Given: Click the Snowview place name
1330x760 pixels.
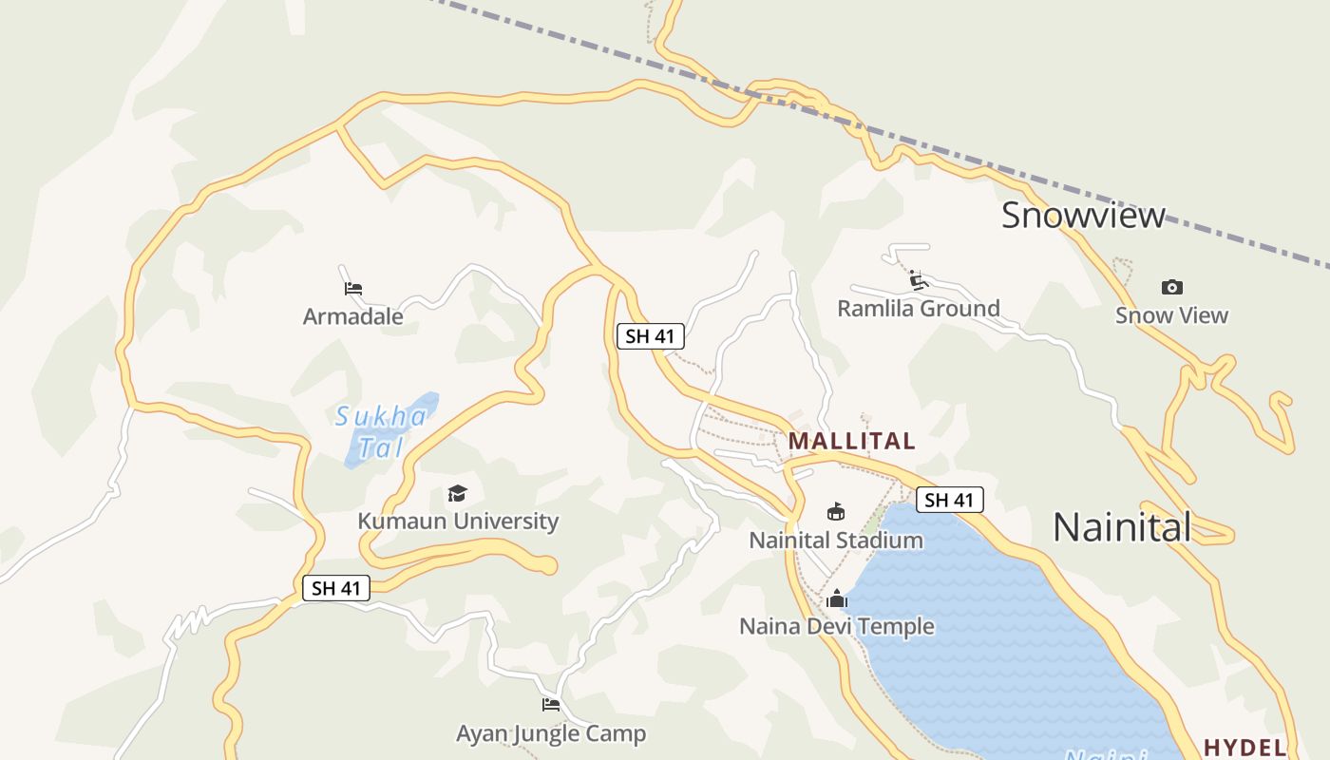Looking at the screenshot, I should [1083, 215].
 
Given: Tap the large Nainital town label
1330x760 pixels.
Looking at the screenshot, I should [1121, 526].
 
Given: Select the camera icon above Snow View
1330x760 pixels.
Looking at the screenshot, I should [1172, 287].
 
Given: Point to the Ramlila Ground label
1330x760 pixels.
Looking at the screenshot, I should [918, 308].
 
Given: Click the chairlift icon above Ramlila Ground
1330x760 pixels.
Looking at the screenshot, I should [918, 279].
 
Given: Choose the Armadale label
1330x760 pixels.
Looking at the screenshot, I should [352, 316].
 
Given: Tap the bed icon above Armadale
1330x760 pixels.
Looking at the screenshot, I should [353, 288].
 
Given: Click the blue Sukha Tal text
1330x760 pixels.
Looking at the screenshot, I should [382, 430].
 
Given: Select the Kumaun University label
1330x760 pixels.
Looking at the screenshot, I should [458, 521].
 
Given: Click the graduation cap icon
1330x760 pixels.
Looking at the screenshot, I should [458, 493].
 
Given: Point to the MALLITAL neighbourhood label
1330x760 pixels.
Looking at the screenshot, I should [852, 441].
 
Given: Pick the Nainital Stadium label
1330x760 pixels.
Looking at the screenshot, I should [836, 540].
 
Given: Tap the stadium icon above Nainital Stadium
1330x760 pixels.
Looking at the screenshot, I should [836, 512].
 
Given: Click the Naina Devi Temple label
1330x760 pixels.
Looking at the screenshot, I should [836, 626].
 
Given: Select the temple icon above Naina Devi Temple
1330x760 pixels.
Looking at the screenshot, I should [836, 598].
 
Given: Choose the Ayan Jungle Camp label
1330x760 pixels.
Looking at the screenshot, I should [551, 733].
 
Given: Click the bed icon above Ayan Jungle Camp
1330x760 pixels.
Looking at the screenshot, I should [551, 705].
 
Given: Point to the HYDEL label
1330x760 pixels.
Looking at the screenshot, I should [1244, 747].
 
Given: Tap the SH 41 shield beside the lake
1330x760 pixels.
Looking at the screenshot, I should [949, 500].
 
